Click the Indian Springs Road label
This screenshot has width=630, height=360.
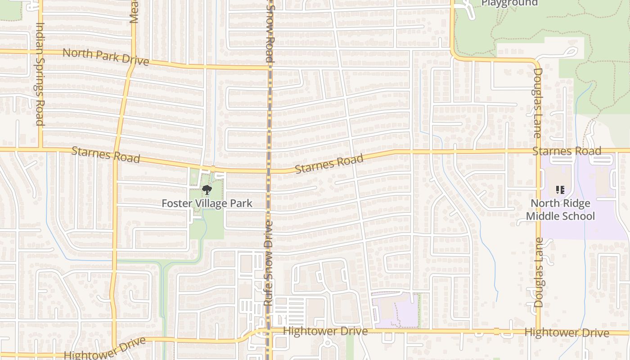tap(40, 74)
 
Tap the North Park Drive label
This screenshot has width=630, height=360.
tap(105, 57)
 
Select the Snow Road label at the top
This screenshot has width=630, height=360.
tap(270, 33)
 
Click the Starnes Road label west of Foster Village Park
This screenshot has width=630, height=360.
tap(106, 155)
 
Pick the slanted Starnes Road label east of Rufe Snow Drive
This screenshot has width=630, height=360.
tap(329, 164)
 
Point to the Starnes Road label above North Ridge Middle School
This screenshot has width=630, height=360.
tap(567, 151)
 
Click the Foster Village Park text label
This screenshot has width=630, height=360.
tap(207, 203)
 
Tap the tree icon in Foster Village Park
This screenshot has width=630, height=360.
tap(207, 189)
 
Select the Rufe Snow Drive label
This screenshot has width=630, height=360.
tap(269, 263)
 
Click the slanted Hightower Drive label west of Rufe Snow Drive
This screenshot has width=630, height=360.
tap(105, 348)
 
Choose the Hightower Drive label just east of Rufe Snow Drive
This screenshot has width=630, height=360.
tap(325, 332)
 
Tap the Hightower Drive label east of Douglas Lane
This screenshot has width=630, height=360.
tap(567, 333)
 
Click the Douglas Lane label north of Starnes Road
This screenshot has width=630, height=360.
tap(537, 103)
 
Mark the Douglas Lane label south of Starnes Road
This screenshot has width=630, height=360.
tap(539, 273)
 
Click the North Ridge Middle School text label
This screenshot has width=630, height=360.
tap(560, 210)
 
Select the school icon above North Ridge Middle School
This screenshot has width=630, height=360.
tap(560, 190)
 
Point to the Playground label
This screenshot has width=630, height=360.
tap(509, 3)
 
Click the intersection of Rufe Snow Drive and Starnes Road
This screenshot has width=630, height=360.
tap(269, 171)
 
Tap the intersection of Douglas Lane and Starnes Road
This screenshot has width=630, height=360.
tap(539, 151)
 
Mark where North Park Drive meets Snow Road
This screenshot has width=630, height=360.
tap(270, 68)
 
